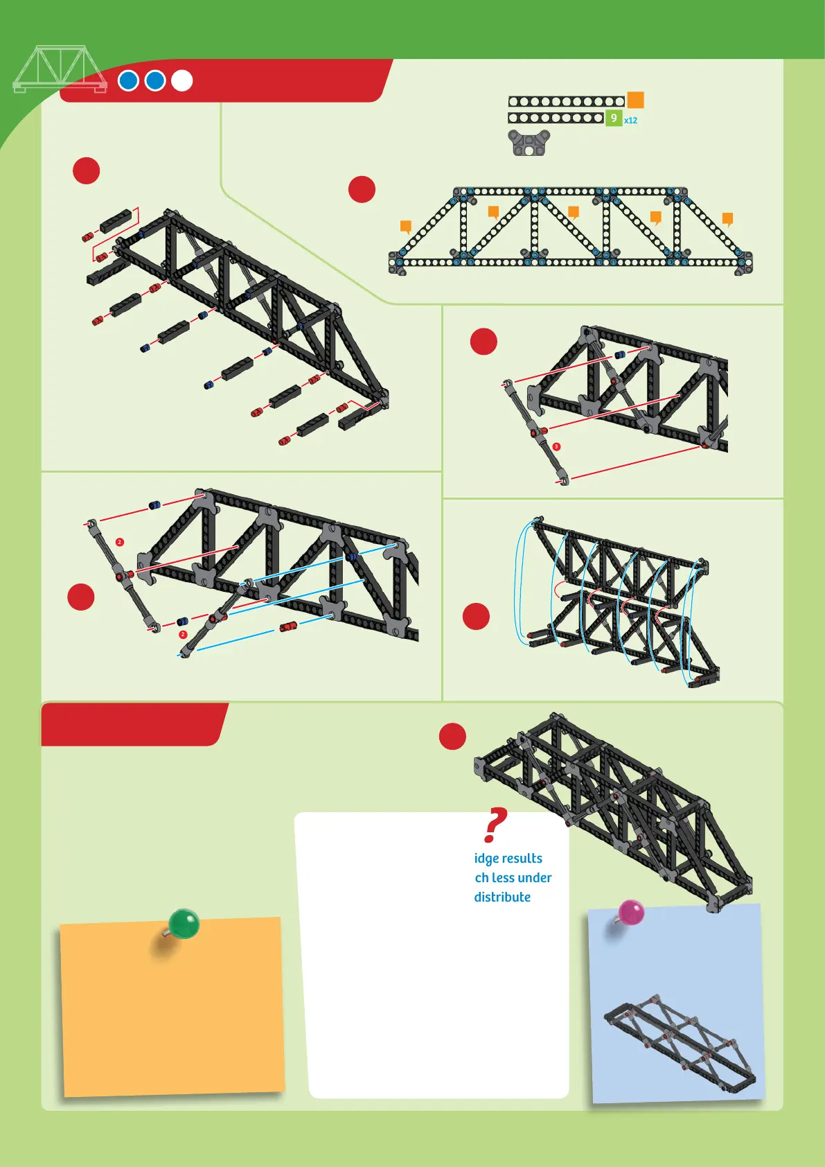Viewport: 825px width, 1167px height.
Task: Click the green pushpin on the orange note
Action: coord(184,924)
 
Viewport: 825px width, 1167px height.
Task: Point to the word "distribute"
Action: coord(502,897)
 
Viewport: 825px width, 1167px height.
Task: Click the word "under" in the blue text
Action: coord(534,878)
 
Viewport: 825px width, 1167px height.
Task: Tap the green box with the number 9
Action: coord(613,119)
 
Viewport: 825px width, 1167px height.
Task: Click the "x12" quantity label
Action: coord(630,121)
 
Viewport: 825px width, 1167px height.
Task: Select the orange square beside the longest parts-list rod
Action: coord(635,100)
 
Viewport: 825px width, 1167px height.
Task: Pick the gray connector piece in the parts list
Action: coord(529,143)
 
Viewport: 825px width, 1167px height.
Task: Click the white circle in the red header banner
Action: coord(181,81)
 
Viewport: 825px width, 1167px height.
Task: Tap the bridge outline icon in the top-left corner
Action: coord(60,69)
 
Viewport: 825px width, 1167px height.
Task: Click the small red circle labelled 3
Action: coord(556,447)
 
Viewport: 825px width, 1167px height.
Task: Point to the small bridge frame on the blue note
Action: coord(679,1044)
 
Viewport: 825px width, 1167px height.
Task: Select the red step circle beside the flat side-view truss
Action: coord(362,189)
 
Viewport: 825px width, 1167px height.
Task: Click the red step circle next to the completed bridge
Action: coord(452,736)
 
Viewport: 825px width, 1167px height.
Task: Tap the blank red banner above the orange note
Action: coord(133,724)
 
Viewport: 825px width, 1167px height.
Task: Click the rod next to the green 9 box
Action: coord(556,119)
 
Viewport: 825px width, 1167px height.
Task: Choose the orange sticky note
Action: coord(172,1008)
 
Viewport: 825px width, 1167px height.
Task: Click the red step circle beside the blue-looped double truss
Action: coord(476,616)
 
